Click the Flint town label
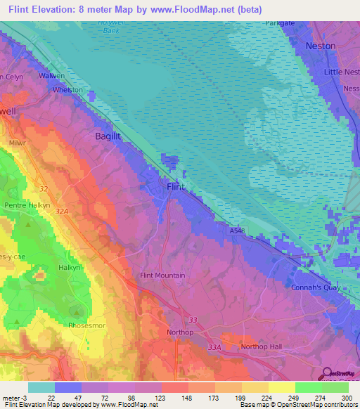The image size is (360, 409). (176, 187)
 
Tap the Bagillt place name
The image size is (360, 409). (109, 138)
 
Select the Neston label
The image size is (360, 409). (320, 46)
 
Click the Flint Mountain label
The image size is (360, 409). (163, 275)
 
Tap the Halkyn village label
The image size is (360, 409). (69, 268)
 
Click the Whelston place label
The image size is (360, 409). (67, 90)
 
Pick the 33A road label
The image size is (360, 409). (214, 346)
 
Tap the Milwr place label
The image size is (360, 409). (18, 142)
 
